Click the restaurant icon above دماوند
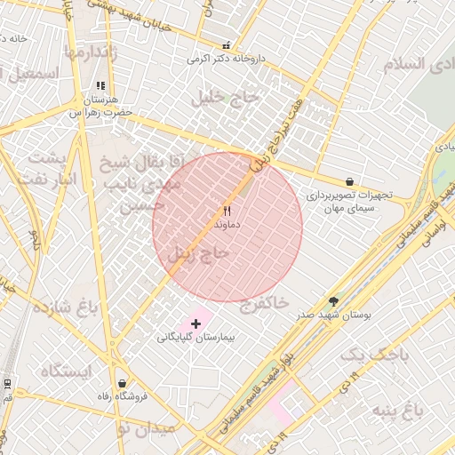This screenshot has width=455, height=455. point(227,212)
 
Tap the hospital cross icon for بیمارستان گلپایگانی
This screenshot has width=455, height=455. point(196,324)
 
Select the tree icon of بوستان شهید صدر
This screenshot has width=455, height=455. point(334,301)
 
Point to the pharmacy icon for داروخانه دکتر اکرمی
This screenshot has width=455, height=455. point(226,45)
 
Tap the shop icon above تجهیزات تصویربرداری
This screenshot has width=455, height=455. point(349,180)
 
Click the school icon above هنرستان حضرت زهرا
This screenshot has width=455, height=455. point(100,86)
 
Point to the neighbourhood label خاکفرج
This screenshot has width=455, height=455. point(265,303)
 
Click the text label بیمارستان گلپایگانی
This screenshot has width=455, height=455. point(195,339)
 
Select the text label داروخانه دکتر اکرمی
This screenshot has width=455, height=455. point(226,60)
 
